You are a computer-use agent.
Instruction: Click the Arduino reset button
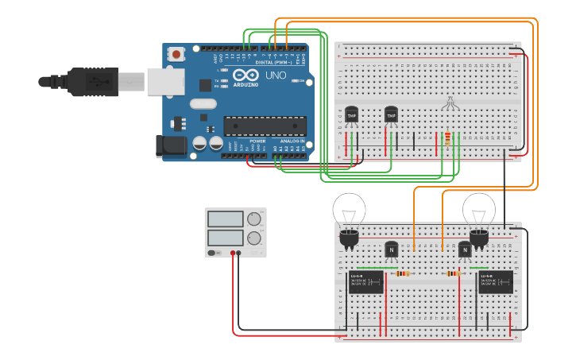176,54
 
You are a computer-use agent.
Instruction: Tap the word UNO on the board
275,75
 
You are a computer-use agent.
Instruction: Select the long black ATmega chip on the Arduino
264,125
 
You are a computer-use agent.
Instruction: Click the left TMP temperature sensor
351,115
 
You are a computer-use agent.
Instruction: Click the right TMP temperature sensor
391,115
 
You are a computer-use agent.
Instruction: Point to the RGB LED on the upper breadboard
449,104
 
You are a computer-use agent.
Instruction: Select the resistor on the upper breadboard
448,140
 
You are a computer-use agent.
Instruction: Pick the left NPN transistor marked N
391,250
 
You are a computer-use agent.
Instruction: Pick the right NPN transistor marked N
465,250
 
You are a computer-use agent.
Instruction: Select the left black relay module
366,282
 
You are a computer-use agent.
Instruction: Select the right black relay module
495,282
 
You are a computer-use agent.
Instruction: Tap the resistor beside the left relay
403,274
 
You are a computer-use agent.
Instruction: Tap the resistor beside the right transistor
453,274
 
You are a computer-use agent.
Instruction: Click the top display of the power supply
225,219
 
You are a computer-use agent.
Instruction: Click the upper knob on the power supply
254,219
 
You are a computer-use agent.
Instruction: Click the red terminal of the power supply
234,254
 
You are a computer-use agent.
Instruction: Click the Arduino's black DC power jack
171,145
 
